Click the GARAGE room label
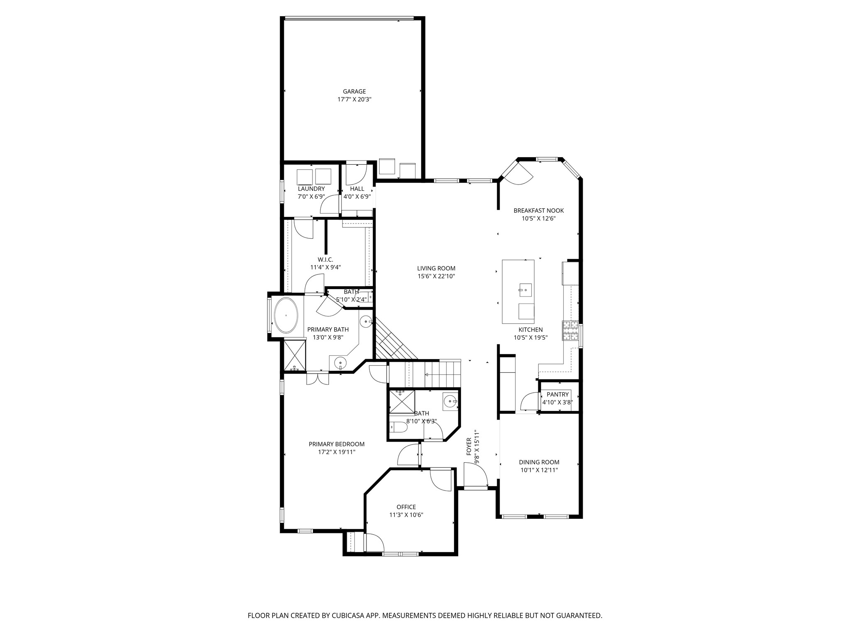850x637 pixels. click(x=354, y=92)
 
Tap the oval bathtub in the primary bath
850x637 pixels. click(x=286, y=315)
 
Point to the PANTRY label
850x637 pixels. click(x=557, y=394)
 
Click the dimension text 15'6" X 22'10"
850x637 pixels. click(x=436, y=276)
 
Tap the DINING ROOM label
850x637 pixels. click(x=539, y=462)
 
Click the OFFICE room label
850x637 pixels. click(x=406, y=507)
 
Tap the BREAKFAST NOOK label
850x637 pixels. click(x=538, y=211)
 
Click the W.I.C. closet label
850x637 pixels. click(x=325, y=260)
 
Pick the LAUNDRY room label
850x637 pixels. click(x=311, y=189)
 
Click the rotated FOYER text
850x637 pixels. click(x=469, y=446)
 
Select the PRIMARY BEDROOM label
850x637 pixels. click(x=337, y=444)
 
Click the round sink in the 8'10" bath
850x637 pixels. click(x=449, y=401)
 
